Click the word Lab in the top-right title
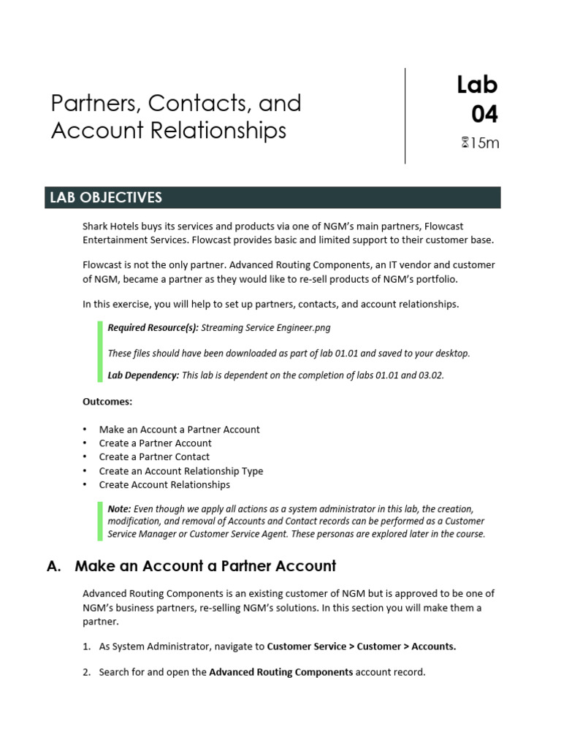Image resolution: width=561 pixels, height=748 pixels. point(477,85)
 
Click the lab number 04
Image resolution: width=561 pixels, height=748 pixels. point(484,115)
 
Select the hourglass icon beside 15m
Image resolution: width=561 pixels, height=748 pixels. point(465,143)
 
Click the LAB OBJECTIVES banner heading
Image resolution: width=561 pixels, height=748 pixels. point(105,198)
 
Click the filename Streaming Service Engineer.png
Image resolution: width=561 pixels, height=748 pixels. point(260,328)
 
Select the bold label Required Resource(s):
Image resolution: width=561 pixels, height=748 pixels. point(153,328)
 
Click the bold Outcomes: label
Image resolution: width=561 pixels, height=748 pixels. point(107,402)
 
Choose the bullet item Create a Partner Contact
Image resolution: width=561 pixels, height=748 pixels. point(154,457)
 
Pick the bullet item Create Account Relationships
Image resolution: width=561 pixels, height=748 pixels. point(164,484)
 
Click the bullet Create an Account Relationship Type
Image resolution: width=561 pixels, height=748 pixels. point(181,470)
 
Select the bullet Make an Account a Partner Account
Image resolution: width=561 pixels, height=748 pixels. point(179,430)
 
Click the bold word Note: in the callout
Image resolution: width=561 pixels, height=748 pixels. point(119,508)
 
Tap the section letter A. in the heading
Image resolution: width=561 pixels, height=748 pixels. point(53,565)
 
